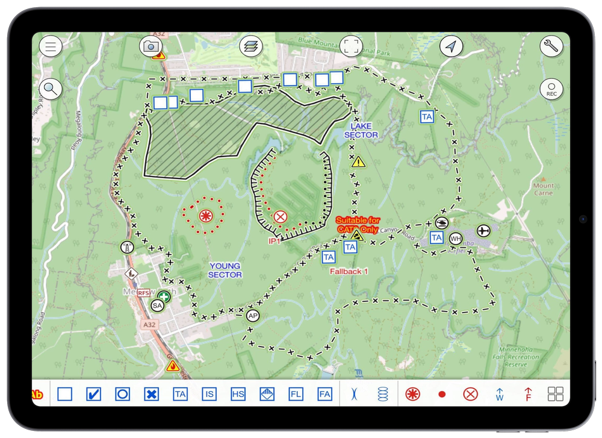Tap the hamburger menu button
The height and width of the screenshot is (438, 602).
click(x=51, y=46)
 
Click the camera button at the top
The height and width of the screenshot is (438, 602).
click(x=150, y=46)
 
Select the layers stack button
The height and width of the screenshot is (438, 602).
click(x=251, y=46)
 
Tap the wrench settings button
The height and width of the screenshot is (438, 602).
click(x=551, y=46)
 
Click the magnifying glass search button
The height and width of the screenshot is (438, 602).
click(x=51, y=89)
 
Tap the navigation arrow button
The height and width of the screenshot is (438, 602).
click(x=451, y=46)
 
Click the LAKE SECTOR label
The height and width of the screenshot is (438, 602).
click(x=361, y=131)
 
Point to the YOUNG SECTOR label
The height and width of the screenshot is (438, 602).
click(x=225, y=270)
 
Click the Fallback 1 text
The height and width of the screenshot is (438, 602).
click(x=349, y=272)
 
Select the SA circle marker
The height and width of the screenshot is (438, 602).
click(x=157, y=306)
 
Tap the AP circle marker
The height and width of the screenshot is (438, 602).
click(x=253, y=316)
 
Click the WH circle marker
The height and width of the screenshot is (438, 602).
click(x=456, y=238)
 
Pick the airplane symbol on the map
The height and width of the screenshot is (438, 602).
click(x=483, y=230)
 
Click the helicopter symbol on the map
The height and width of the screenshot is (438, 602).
click(x=441, y=223)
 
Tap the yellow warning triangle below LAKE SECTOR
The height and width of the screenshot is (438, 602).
click(x=359, y=161)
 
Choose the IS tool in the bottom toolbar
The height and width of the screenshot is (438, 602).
click(x=209, y=395)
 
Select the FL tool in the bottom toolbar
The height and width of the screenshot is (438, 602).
click(x=296, y=395)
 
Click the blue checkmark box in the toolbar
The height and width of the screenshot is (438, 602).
click(x=93, y=395)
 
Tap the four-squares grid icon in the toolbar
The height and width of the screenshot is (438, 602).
click(x=556, y=395)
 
